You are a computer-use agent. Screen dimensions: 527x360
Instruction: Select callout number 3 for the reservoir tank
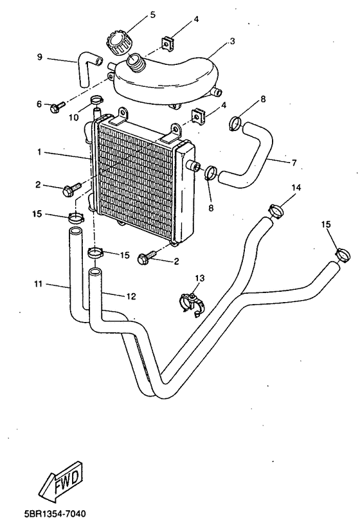pyautogui.click(x=232, y=41)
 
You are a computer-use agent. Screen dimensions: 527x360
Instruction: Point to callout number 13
pyautogui.click(x=200, y=278)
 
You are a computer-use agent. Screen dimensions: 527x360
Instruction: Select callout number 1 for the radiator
pyautogui.click(x=39, y=152)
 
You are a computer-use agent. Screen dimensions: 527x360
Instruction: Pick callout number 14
pyautogui.click(x=296, y=187)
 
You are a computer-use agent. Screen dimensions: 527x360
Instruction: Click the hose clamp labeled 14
pyautogui.click(x=275, y=210)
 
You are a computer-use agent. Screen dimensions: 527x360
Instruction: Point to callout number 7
pyautogui.click(x=294, y=162)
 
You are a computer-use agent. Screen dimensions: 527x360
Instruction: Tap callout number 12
pyautogui.click(x=131, y=296)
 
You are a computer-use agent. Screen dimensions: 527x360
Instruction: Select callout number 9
pyautogui.click(x=39, y=58)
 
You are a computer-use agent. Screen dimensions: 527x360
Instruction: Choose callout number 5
pyautogui.click(x=152, y=13)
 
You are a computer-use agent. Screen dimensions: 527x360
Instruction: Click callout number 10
pyautogui.click(x=73, y=118)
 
